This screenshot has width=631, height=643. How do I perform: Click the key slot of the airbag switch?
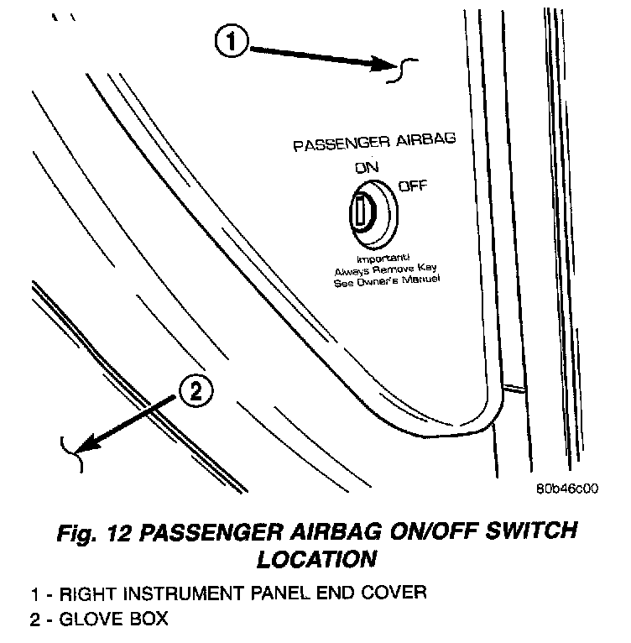[x=358, y=211]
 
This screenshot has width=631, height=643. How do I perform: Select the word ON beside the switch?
[x=367, y=168]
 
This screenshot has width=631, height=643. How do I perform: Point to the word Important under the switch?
[x=382, y=259]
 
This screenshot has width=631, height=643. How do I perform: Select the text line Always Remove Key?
[x=387, y=269]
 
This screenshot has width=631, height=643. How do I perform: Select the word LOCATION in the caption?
[x=316, y=557]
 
